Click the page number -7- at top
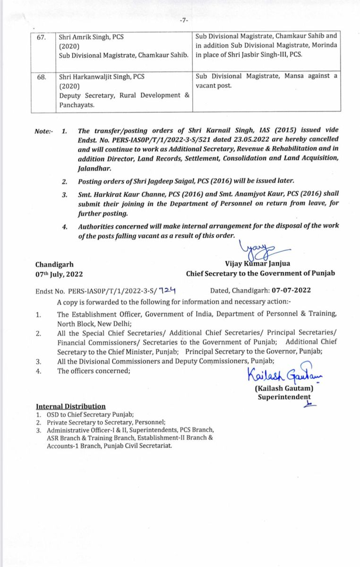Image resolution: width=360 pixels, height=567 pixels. pyautogui.click(x=184, y=20)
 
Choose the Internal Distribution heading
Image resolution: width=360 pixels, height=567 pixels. pyautogui.click(x=71, y=406)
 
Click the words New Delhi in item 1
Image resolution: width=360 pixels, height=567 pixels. pyautogui.click(x=115, y=324)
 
